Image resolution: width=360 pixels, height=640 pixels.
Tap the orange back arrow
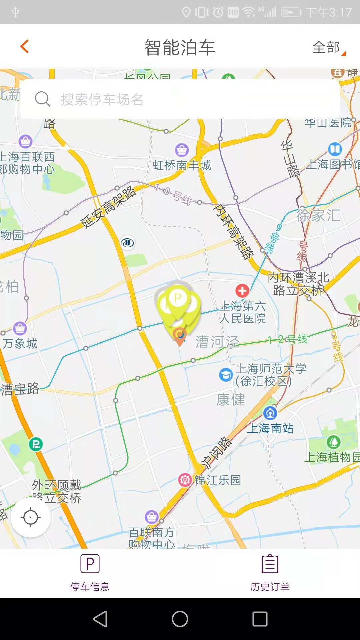25,46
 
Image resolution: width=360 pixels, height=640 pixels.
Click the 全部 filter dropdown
328,48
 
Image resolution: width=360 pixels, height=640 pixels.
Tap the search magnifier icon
42,99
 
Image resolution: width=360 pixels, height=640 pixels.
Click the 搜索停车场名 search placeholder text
102,100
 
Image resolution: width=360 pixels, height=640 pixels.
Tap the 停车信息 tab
90,573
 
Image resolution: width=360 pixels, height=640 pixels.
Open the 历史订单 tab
270,573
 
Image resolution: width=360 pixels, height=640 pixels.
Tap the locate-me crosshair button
31,517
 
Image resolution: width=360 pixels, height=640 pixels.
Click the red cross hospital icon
242,291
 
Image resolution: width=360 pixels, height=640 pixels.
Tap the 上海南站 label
270,428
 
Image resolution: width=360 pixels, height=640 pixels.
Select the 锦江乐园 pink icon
185,480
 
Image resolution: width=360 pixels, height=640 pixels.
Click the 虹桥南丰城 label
182,165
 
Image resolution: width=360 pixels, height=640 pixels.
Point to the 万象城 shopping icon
20,328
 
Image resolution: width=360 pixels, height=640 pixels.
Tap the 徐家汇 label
318,215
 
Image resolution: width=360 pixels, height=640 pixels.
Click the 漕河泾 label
217,342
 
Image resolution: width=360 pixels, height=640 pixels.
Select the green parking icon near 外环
36,444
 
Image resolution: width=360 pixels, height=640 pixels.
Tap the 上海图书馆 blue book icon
335,149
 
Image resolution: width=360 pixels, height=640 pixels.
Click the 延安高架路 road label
109,207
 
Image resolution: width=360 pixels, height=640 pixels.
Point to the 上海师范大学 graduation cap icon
226,375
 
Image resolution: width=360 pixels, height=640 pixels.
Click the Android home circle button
180,619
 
